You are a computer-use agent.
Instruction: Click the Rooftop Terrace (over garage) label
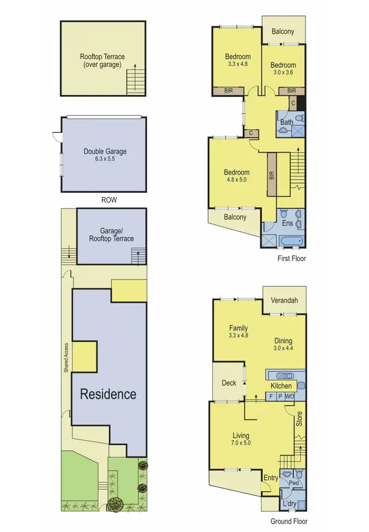pyautogui.click(x=102, y=60)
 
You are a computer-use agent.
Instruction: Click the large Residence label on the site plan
pyautogui.click(x=108, y=394)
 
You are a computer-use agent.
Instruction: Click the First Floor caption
pyautogui.click(x=292, y=258)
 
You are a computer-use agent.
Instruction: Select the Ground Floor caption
pyautogui.click(x=289, y=521)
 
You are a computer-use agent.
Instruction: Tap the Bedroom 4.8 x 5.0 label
pyautogui.click(x=237, y=176)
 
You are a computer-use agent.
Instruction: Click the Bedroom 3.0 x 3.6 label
pyautogui.click(x=283, y=68)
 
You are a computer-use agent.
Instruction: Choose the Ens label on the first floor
pyautogui.click(x=287, y=223)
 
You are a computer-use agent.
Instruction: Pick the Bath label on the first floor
pyautogui.click(x=287, y=122)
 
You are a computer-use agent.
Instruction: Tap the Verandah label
pyautogui.click(x=283, y=300)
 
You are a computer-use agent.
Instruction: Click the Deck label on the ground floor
pyautogui.click(x=229, y=383)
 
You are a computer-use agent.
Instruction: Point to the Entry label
pyautogui.click(x=271, y=478)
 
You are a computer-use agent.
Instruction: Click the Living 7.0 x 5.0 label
pyautogui.click(x=241, y=439)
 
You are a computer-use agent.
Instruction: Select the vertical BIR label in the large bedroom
pyautogui.click(x=272, y=175)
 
